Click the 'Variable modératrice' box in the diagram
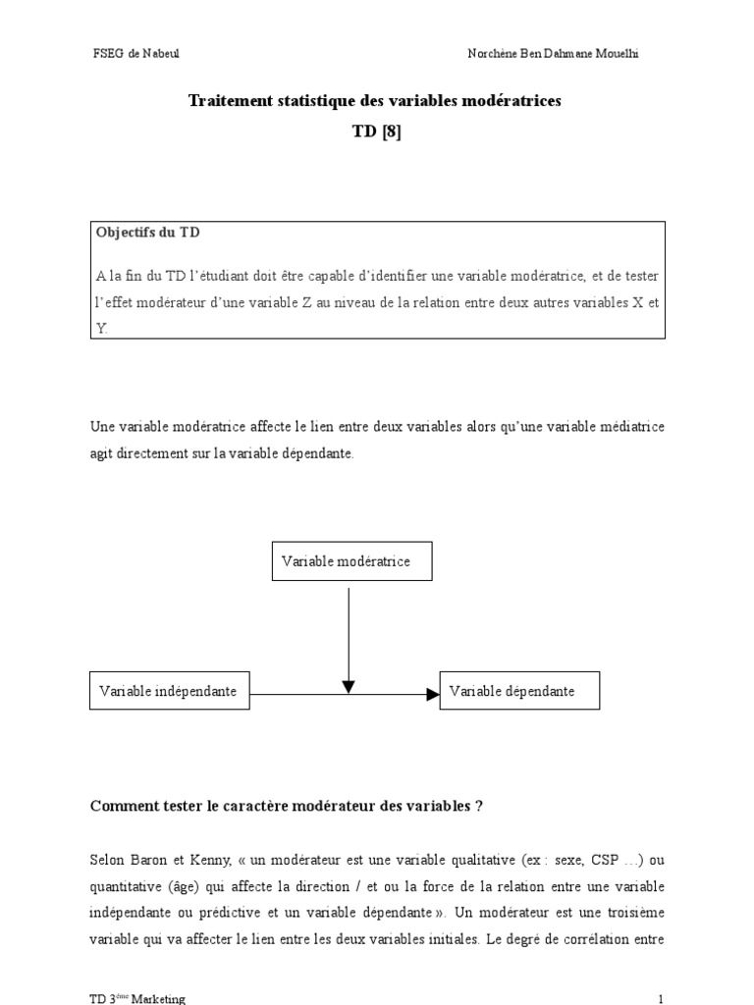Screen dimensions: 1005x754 [350, 561]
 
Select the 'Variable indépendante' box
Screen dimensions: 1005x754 [168, 691]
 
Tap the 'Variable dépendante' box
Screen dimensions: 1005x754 [519, 691]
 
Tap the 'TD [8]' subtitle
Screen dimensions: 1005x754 [377, 133]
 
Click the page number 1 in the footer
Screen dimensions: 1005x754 [661, 997]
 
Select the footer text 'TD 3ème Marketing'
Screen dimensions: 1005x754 [137, 997]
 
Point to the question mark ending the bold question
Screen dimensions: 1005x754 [478, 807]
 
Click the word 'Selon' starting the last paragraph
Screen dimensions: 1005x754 [105, 860]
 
